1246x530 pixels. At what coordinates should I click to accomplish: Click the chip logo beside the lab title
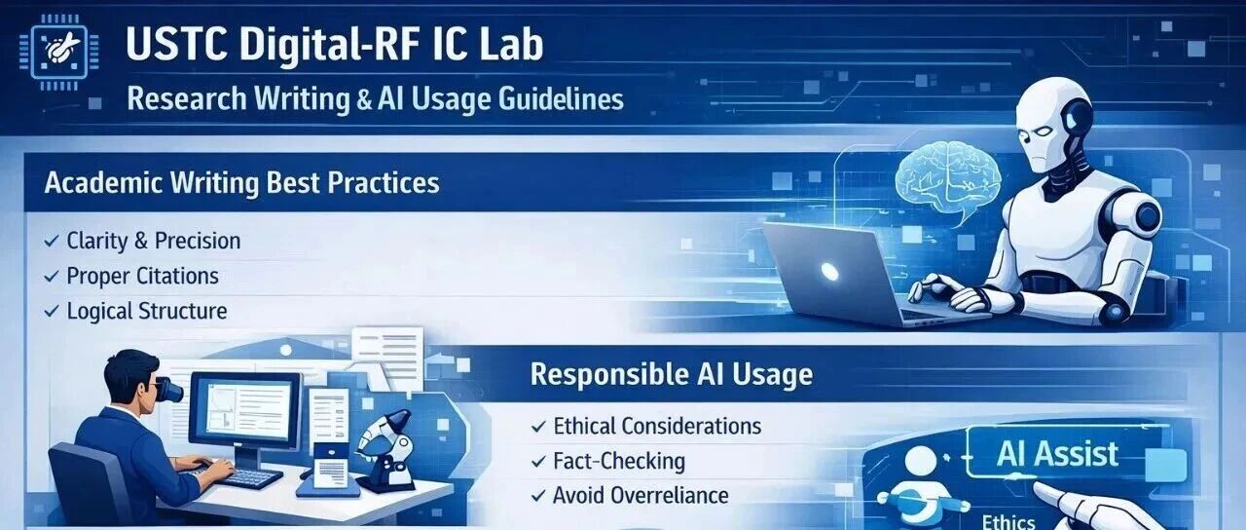pos(59,53)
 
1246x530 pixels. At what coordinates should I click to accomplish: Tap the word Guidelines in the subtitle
pos(561,99)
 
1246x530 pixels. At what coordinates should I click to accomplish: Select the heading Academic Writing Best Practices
pos(242,183)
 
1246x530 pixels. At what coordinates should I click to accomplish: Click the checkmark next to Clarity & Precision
pos(52,241)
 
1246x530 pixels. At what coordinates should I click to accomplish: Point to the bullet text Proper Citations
pos(142,276)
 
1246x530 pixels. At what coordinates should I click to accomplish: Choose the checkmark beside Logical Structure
pos(52,311)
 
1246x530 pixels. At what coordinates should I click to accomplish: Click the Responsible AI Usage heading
pos(672,375)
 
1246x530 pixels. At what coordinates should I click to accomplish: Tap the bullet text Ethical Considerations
pos(657,426)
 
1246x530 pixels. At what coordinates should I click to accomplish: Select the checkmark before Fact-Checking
pos(538,462)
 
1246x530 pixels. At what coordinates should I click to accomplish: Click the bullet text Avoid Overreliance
pos(641,496)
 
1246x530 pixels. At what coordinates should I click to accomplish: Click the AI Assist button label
pos(1057,454)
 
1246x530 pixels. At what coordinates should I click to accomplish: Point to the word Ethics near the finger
pos(1008,521)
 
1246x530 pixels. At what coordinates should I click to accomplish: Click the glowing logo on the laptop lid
pos(829,271)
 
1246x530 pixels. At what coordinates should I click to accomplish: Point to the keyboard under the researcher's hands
pos(249,477)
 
